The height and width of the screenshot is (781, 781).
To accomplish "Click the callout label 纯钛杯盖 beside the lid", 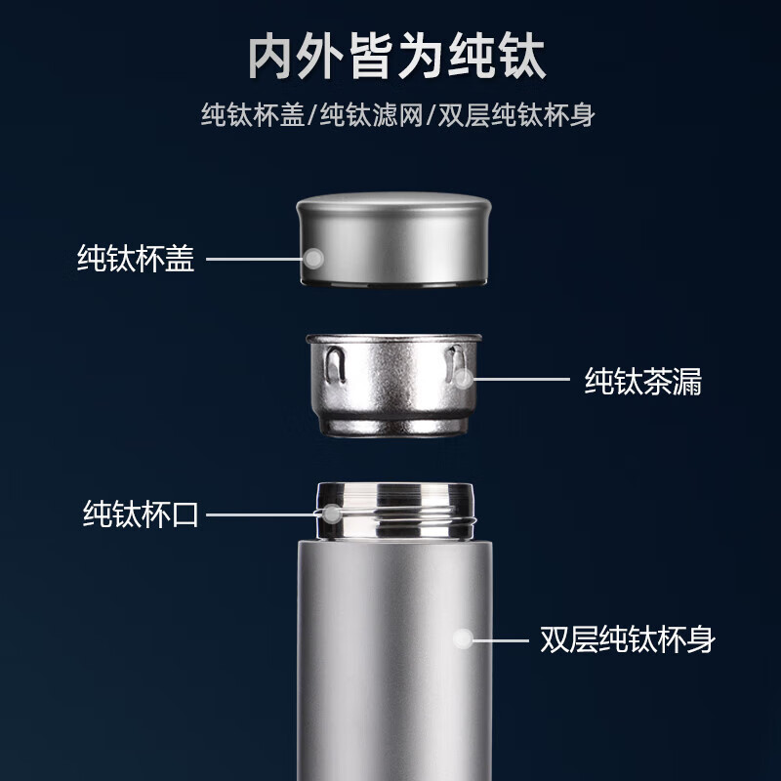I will pyautogui.click(x=136, y=259).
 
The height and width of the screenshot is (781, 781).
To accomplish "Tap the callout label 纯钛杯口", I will pyautogui.click(x=141, y=514).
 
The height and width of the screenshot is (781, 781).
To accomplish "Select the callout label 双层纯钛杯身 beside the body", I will pyautogui.click(x=628, y=640).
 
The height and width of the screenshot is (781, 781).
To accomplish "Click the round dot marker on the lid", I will pyautogui.click(x=313, y=259).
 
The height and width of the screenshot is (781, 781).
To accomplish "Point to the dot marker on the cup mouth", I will pyautogui.click(x=332, y=513).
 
